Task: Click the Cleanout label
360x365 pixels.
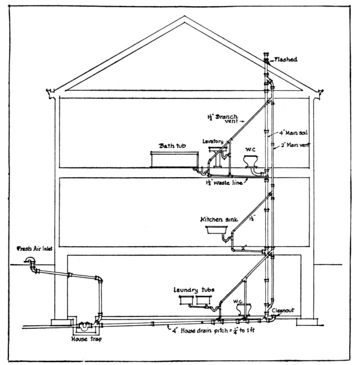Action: [283, 311]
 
